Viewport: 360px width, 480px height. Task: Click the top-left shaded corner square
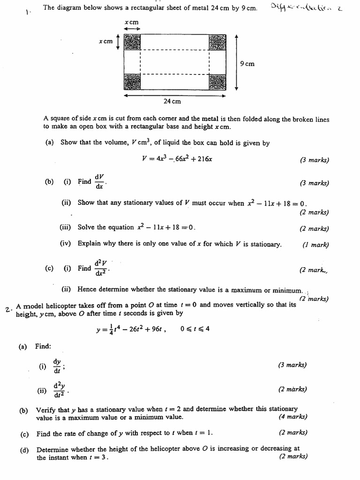click(x=132, y=42)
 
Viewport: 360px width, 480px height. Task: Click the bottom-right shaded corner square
click(x=217, y=82)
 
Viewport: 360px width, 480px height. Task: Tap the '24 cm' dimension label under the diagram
click(x=172, y=101)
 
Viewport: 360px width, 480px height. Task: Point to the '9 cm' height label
click(x=247, y=64)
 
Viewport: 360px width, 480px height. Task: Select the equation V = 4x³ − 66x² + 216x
click(x=177, y=159)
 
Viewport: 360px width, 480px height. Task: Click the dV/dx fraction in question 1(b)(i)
click(x=99, y=181)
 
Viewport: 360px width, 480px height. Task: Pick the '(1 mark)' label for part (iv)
click(x=315, y=244)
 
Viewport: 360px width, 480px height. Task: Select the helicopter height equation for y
click(x=130, y=329)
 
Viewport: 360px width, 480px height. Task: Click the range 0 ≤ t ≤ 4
click(x=195, y=329)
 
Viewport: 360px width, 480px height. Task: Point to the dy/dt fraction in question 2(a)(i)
click(x=57, y=366)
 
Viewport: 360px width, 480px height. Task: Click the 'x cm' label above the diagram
click(x=131, y=22)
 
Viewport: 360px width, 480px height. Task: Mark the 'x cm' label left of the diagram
click(x=105, y=42)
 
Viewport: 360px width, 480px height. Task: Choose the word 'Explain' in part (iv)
click(x=90, y=244)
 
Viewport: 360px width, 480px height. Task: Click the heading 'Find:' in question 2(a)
click(x=43, y=346)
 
